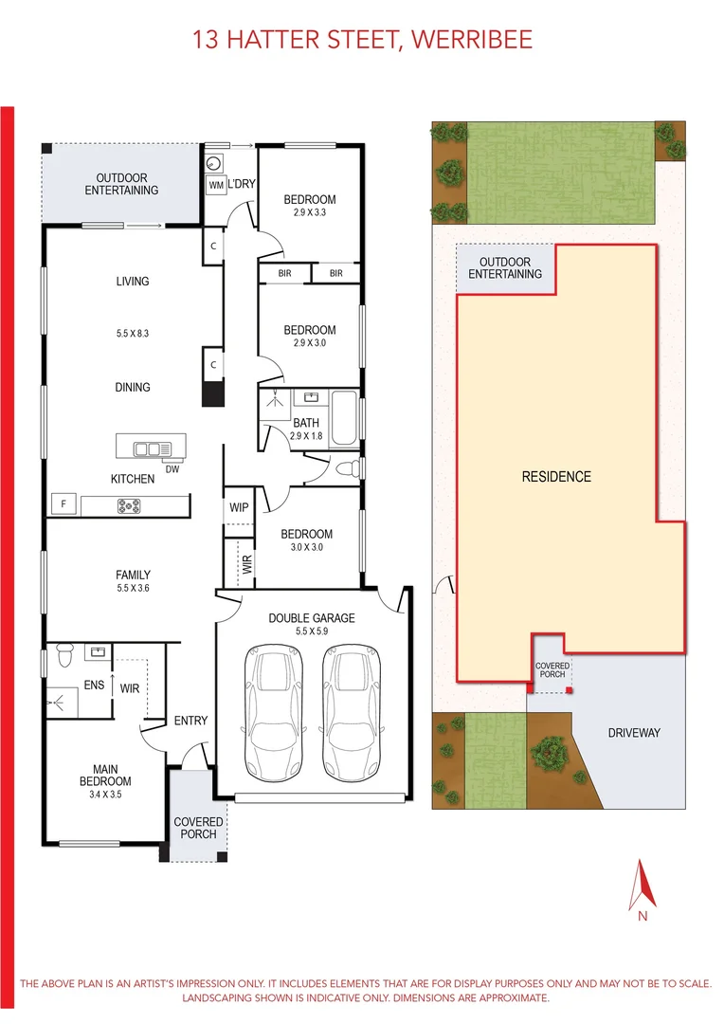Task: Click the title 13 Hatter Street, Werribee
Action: coord(362,39)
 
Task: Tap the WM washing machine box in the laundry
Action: coord(216,186)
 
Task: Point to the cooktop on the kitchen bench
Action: coord(128,506)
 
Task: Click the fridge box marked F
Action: coord(63,504)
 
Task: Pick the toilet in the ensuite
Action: coord(63,654)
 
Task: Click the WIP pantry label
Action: coord(239,507)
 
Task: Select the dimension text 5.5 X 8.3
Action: coord(133,334)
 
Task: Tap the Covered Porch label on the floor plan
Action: coord(199,828)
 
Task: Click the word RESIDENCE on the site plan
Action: coord(556,477)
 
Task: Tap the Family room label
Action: coord(133,575)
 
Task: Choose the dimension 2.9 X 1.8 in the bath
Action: coord(306,436)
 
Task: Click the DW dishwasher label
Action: coord(172,467)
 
